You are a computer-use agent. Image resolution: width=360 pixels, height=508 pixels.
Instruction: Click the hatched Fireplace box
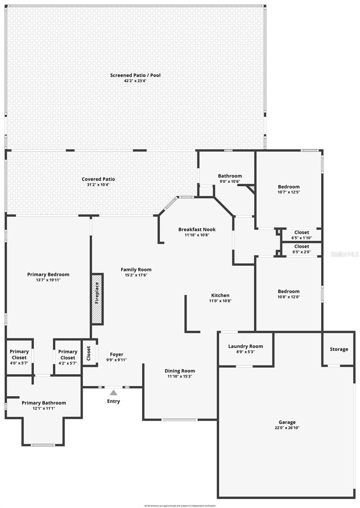click(x=97, y=299)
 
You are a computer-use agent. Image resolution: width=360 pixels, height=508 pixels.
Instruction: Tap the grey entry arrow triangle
click(x=113, y=392)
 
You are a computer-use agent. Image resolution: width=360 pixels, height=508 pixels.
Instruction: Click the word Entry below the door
click(x=113, y=401)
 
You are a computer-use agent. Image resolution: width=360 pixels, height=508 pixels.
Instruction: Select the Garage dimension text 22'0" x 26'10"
click(x=287, y=428)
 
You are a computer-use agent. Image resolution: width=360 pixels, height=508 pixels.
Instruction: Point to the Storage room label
click(x=339, y=349)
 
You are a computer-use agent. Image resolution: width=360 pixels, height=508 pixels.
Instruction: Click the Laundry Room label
click(x=245, y=346)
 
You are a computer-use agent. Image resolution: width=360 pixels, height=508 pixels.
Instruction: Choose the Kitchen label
click(x=220, y=295)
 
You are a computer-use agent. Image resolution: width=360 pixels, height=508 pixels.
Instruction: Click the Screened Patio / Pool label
click(x=135, y=75)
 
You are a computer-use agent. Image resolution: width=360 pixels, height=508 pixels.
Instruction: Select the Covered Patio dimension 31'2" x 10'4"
click(x=98, y=185)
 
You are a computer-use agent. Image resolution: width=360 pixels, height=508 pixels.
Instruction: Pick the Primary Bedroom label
click(x=48, y=274)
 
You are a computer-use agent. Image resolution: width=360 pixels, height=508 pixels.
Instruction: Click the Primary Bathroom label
click(x=44, y=403)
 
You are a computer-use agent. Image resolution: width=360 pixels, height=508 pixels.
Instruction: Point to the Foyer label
click(x=116, y=354)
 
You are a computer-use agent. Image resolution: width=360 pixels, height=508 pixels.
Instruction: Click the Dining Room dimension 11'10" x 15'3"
click(x=180, y=376)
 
